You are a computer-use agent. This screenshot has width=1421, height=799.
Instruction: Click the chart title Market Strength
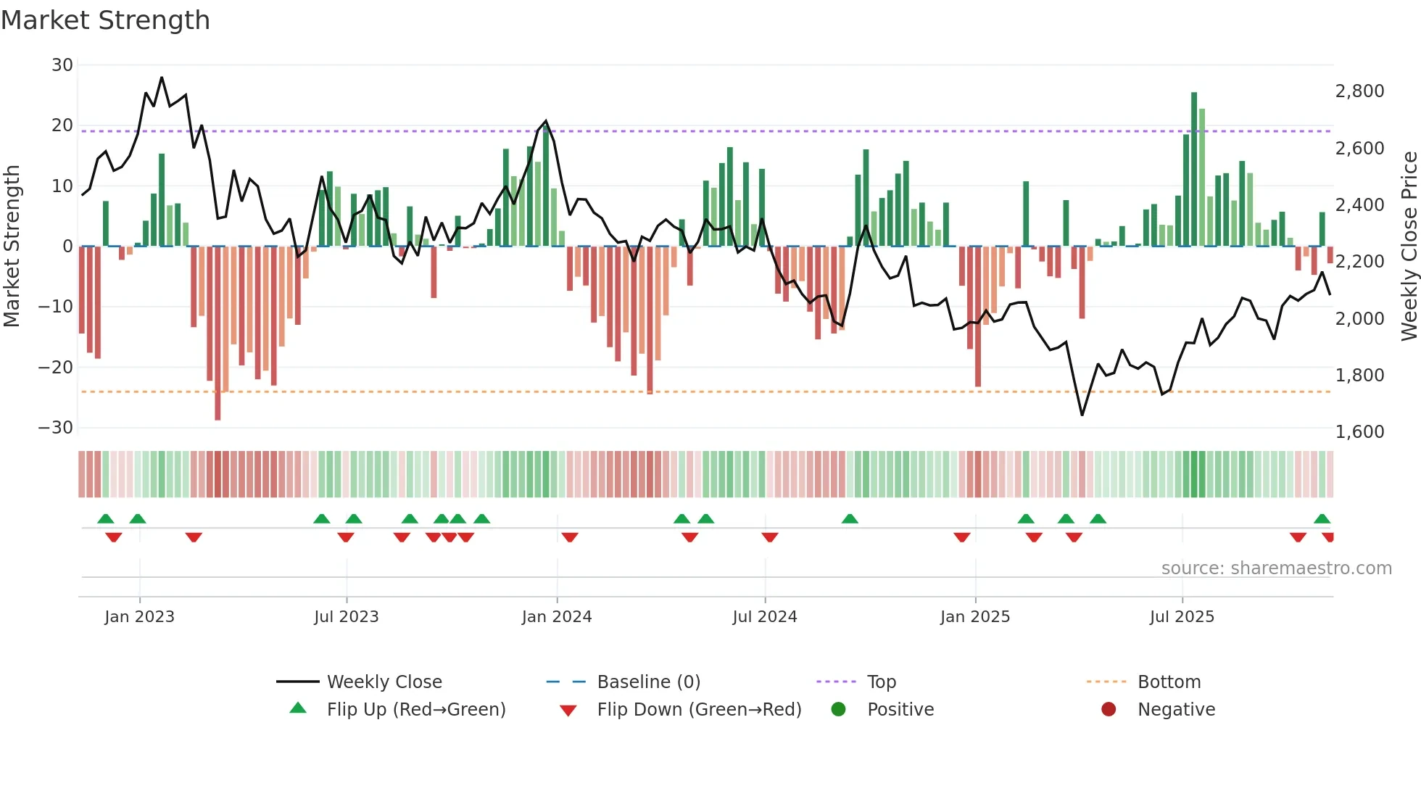click(106, 20)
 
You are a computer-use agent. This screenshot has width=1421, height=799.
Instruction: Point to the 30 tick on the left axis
click(62, 65)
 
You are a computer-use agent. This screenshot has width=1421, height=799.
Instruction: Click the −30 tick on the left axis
click(56, 428)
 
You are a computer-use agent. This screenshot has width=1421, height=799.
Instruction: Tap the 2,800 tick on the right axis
click(1359, 91)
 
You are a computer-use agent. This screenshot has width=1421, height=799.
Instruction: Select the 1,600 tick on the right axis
click(1359, 432)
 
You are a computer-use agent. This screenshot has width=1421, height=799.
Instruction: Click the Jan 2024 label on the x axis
click(557, 617)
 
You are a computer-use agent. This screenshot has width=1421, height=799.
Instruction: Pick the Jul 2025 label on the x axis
click(1182, 617)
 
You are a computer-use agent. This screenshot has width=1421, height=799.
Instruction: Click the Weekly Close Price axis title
click(1409, 247)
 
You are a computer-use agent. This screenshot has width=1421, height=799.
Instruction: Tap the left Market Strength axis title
click(12, 247)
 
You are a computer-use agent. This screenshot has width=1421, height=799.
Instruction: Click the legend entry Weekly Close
click(384, 682)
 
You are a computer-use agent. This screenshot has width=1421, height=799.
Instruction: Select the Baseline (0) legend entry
click(648, 682)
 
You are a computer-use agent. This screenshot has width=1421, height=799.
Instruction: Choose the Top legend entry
click(882, 682)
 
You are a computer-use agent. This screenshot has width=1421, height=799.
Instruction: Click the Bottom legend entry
click(1169, 682)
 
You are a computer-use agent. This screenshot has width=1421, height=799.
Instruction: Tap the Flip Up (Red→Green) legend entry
click(415, 710)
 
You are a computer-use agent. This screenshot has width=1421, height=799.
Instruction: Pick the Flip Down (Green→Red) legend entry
click(699, 710)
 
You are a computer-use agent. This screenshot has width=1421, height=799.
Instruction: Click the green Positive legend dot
click(839, 709)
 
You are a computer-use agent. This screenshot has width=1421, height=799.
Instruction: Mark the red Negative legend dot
click(1109, 709)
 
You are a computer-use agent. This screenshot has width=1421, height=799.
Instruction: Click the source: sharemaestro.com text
click(1276, 568)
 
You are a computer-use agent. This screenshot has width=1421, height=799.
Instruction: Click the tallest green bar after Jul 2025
click(1194, 169)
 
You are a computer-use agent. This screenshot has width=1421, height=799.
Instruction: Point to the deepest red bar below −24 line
click(217, 334)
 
